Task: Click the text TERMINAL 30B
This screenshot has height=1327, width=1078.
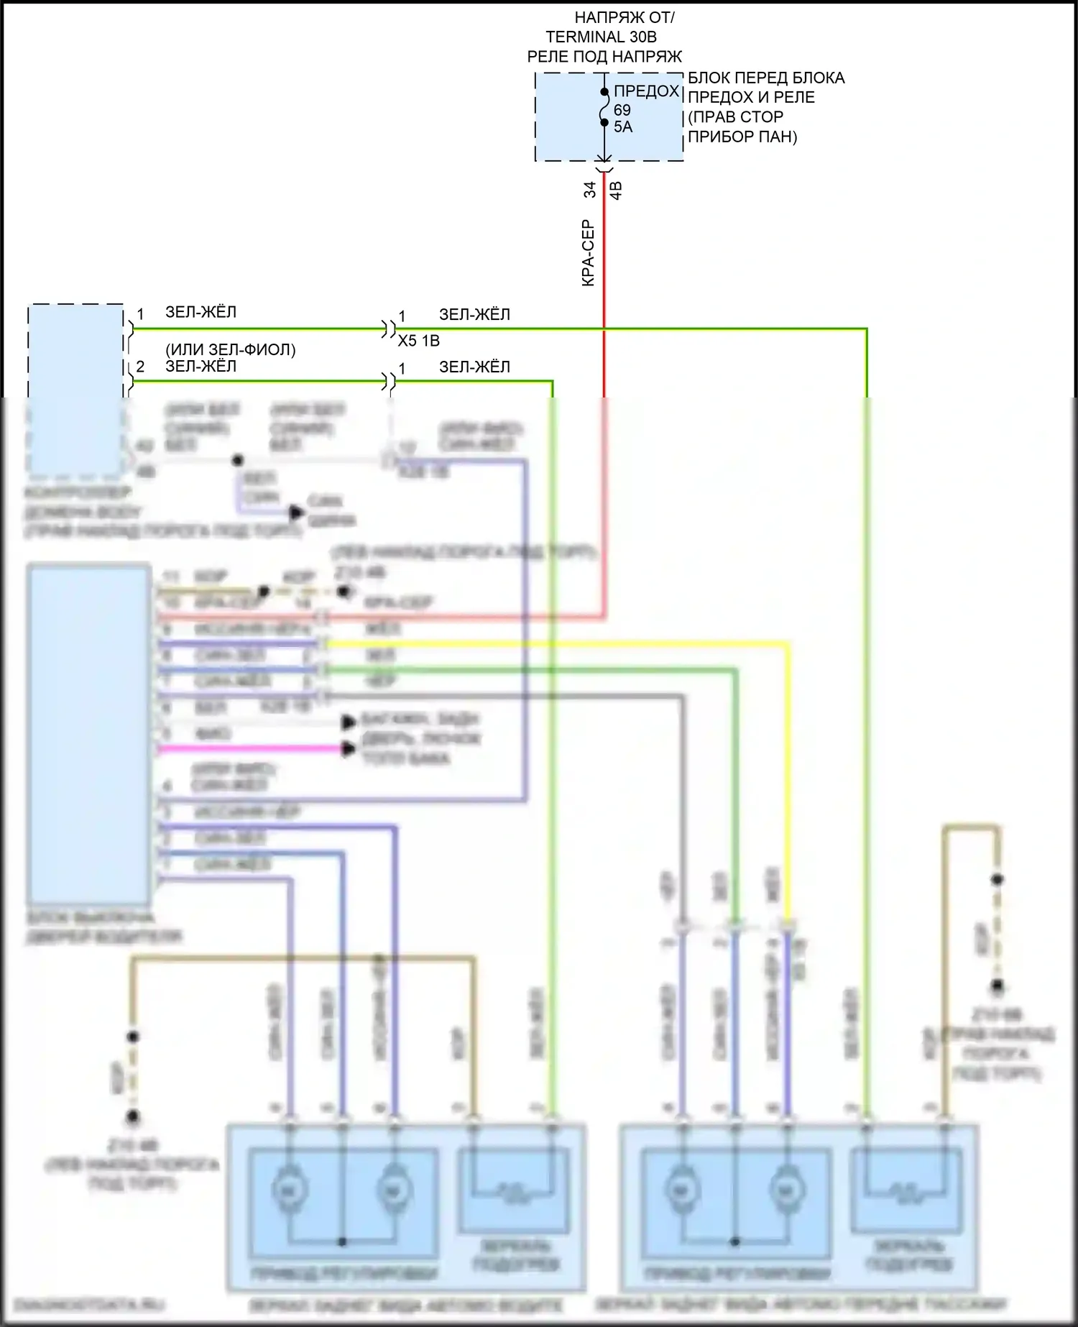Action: click(x=601, y=37)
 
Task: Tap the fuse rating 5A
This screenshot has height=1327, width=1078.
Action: click(x=623, y=127)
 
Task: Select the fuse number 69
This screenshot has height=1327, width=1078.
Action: click(x=622, y=110)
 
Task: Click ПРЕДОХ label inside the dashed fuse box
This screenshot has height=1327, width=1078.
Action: click(x=646, y=91)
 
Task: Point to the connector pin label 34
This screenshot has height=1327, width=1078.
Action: click(x=589, y=190)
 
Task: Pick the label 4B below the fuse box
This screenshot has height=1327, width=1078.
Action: click(x=616, y=190)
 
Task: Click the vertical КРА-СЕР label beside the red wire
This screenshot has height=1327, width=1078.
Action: click(x=588, y=253)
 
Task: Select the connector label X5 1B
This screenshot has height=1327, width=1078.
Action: click(x=418, y=341)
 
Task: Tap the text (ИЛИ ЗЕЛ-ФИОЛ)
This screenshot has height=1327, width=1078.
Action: click(x=231, y=349)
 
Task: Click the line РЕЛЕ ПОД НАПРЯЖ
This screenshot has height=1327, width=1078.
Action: click(x=604, y=57)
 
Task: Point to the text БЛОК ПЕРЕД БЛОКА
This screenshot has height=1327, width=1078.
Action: click(x=766, y=78)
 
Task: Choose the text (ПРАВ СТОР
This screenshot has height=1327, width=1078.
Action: click(x=735, y=117)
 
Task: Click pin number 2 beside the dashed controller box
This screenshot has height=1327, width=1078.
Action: click(x=140, y=367)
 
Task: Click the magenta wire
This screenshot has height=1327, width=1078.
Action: click(x=252, y=749)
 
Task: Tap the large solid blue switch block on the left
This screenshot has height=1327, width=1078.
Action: click(x=88, y=733)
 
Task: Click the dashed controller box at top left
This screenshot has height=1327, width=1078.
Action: click(x=75, y=388)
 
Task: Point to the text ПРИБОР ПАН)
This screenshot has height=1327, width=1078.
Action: click(x=742, y=137)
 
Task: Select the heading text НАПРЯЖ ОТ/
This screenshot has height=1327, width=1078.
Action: click(x=625, y=17)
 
